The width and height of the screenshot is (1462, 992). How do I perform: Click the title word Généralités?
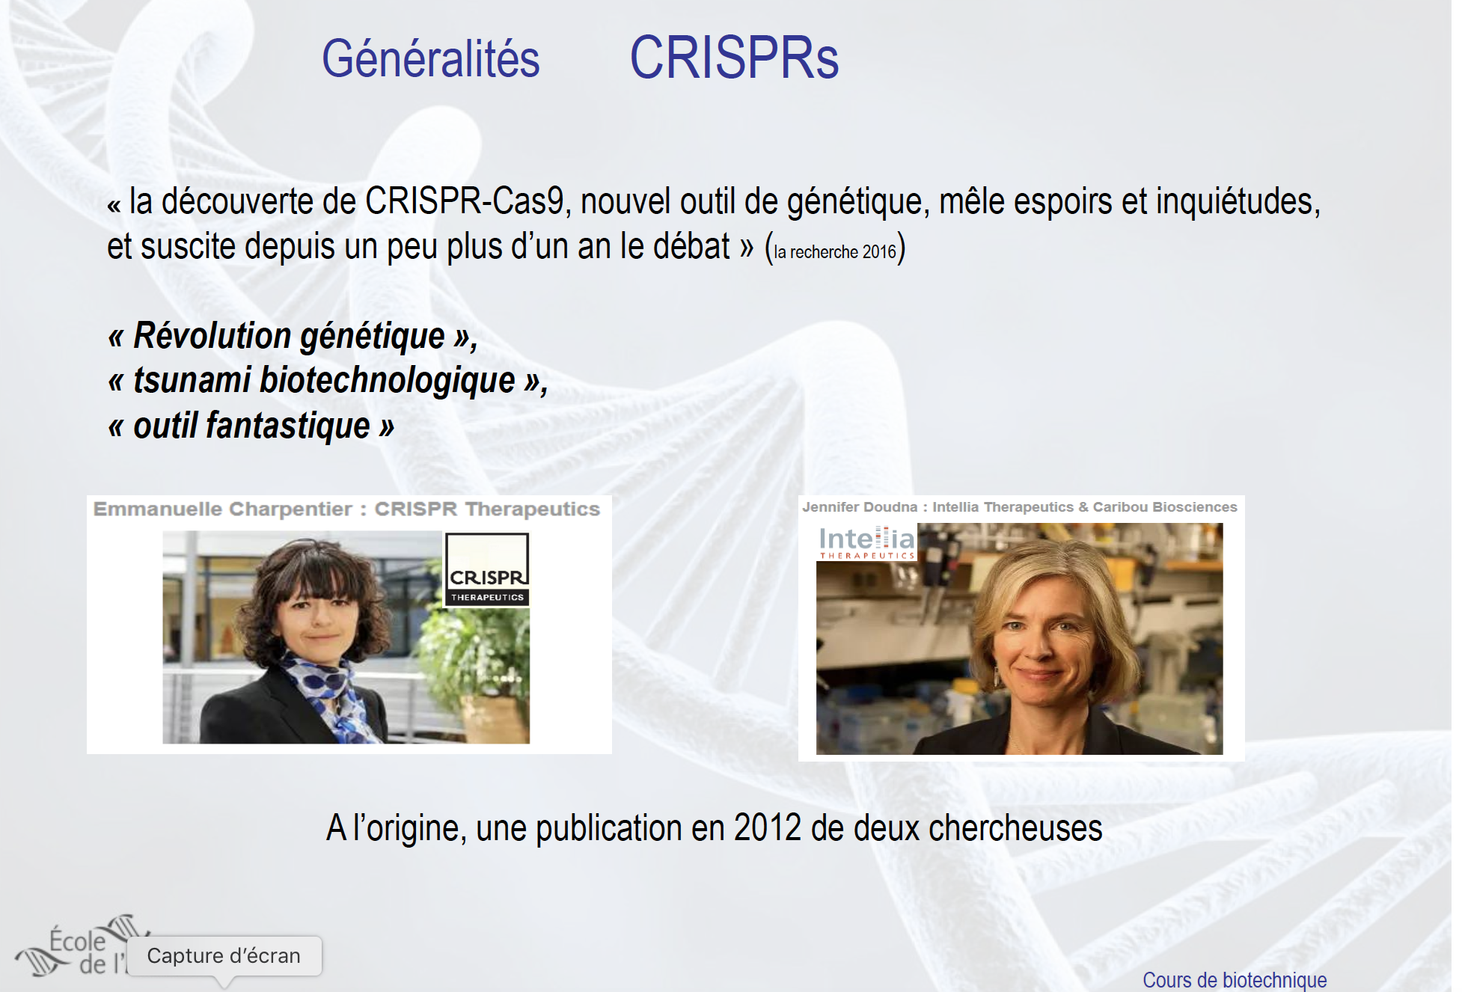coord(430,59)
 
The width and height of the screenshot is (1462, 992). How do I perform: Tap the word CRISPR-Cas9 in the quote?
coord(464,201)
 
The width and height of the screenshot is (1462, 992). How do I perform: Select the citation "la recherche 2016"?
coord(835,252)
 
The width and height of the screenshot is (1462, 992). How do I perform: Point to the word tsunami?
coord(192,380)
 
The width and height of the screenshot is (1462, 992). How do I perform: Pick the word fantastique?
coord(288,426)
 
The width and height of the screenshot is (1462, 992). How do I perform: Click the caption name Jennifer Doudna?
coord(860,506)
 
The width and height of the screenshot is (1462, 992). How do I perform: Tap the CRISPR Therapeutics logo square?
coord(487,569)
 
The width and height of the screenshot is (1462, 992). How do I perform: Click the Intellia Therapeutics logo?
coord(866,542)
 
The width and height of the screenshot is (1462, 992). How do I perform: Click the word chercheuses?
coord(1015,828)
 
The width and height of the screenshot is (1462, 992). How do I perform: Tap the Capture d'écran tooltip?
coord(224,956)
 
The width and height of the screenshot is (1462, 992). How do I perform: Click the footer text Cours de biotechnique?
coord(1235,980)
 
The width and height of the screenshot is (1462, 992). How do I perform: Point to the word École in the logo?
coord(78,940)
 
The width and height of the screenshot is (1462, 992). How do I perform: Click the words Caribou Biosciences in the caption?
coord(1165,506)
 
